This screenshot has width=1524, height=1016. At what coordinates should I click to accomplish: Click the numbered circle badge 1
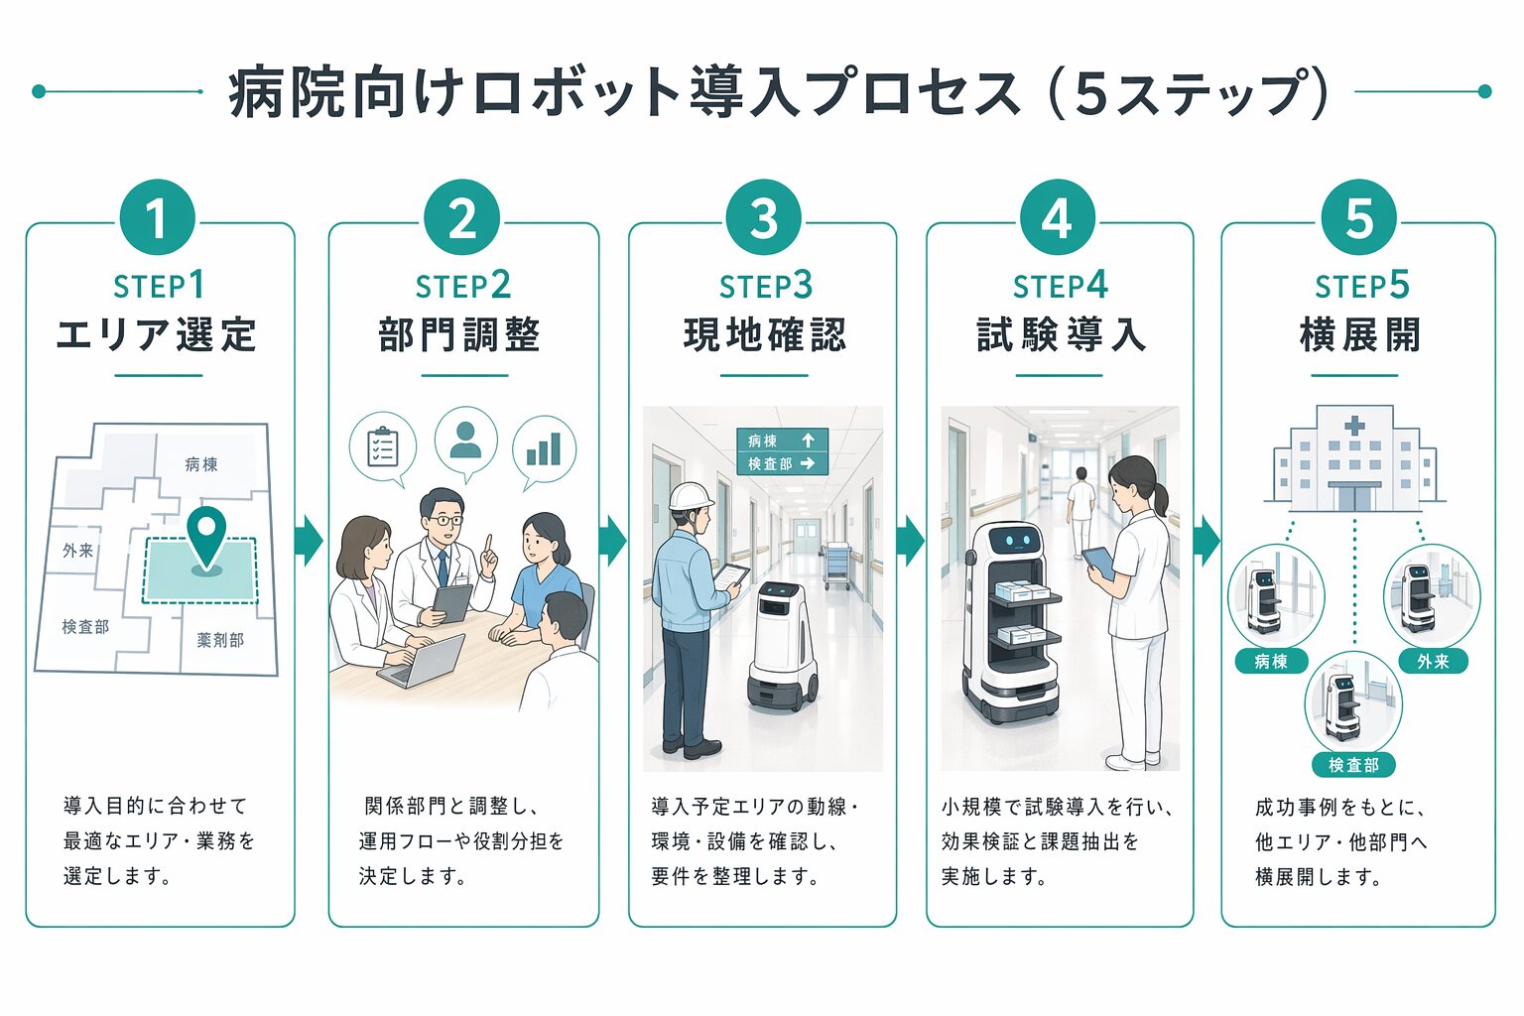pyautogui.click(x=157, y=218)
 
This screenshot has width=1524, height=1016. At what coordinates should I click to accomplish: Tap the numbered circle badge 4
pyautogui.click(x=1057, y=218)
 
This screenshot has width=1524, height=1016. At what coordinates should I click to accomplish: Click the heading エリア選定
pyautogui.click(x=157, y=334)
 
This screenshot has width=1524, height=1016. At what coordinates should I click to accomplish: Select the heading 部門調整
pyautogui.click(x=459, y=334)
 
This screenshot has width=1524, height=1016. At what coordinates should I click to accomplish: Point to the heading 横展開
pyautogui.click(x=1359, y=334)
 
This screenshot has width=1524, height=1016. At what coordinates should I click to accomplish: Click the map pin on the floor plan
pyautogui.click(x=206, y=536)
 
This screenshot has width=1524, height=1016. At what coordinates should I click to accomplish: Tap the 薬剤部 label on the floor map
pyautogui.click(x=220, y=640)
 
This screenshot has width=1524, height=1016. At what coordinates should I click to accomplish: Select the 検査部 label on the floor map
pyautogui.click(x=85, y=627)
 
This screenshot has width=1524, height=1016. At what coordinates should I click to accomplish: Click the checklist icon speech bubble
pyautogui.click(x=382, y=447)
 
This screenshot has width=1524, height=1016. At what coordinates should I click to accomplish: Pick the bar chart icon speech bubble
pyautogui.click(x=544, y=448)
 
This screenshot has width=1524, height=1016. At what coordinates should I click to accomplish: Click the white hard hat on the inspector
pyautogui.click(x=691, y=495)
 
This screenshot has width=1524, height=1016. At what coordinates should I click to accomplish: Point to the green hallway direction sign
pyautogui.click(x=782, y=451)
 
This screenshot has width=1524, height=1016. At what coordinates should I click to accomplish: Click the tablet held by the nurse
pyautogui.click(x=1098, y=562)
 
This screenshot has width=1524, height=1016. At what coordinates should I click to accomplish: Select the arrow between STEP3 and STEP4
pyautogui.click(x=910, y=541)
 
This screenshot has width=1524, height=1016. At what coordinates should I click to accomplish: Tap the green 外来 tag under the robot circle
pyautogui.click(x=1432, y=661)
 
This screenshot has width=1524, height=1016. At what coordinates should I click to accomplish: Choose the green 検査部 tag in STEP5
pyautogui.click(x=1353, y=765)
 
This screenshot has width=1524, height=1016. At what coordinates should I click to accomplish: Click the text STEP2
pyautogui.click(x=462, y=286)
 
